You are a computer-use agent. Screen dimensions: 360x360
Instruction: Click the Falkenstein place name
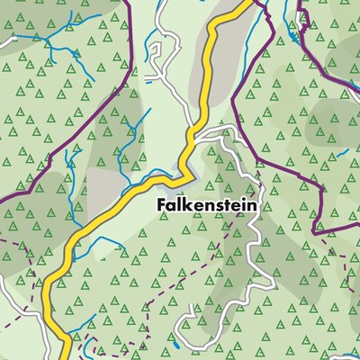tap(206, 205)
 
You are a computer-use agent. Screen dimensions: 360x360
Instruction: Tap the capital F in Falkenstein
tap(161, 205)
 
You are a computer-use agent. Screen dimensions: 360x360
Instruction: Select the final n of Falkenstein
tap(251, 205)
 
